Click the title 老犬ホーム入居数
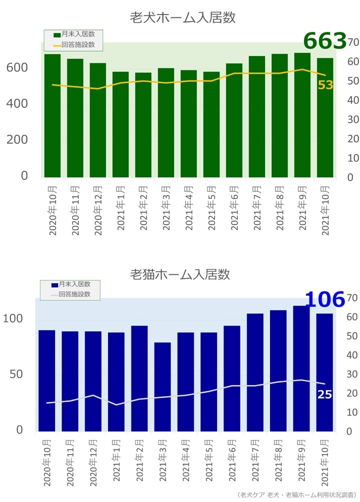click(182, 18)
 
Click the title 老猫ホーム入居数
click(180, 274)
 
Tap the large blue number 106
click(325, 299)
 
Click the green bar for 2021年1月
click(120, 125)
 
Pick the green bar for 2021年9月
click(302, 115)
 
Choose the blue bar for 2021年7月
click(255, 372)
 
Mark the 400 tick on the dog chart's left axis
click(17, 104)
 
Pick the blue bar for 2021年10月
click(324, 372)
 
